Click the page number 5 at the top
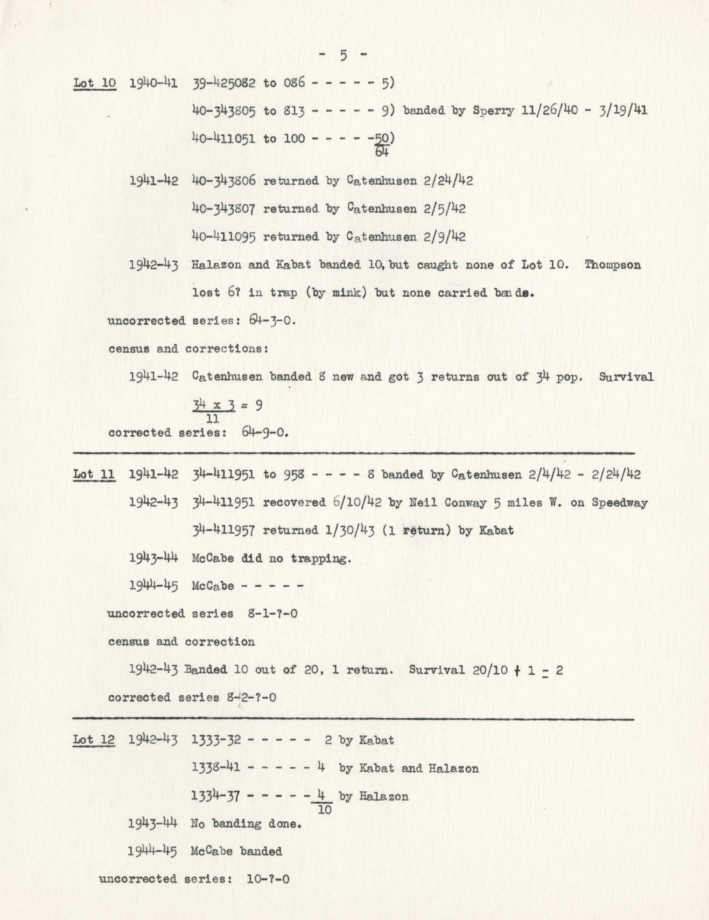click(343, 56)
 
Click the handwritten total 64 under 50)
click(381, 152)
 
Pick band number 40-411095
click(224, 237)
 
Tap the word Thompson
click(613, 265)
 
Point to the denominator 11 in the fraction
click(213, 419)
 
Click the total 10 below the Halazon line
click(325, 810)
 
